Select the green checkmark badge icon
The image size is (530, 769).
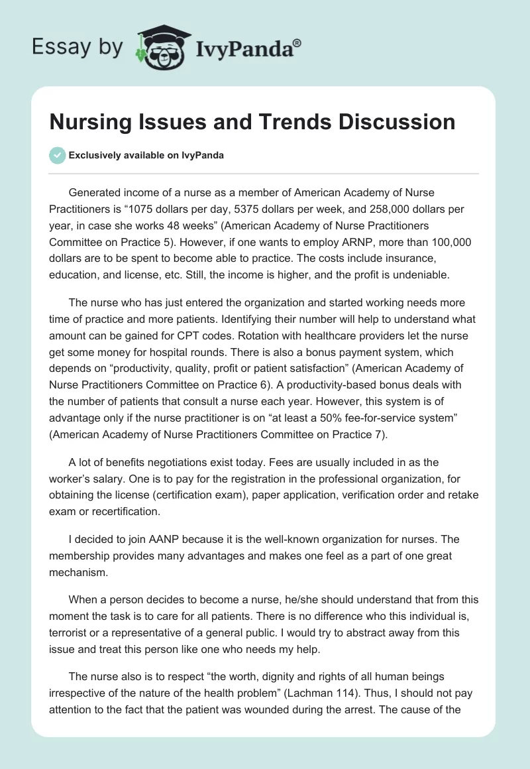[x=57, y=155]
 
